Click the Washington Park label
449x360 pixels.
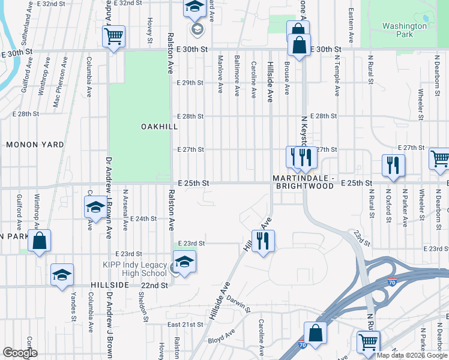coord(405,30)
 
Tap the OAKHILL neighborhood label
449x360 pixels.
coord(160,127)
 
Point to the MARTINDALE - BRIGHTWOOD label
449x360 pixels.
coord(303,182)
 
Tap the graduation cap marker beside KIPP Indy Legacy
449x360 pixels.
coord(185,262)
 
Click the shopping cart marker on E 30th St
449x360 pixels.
coord(113,37)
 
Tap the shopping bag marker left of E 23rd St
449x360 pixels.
coord(39,241)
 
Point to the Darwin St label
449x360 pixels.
coord(238,306)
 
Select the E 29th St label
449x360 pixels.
coord(190,82)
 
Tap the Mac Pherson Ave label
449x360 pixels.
coord(56,91)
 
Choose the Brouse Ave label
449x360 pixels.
coord(287,78)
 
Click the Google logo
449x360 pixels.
coord(20,353)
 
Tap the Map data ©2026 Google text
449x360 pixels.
coord(412,355)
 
